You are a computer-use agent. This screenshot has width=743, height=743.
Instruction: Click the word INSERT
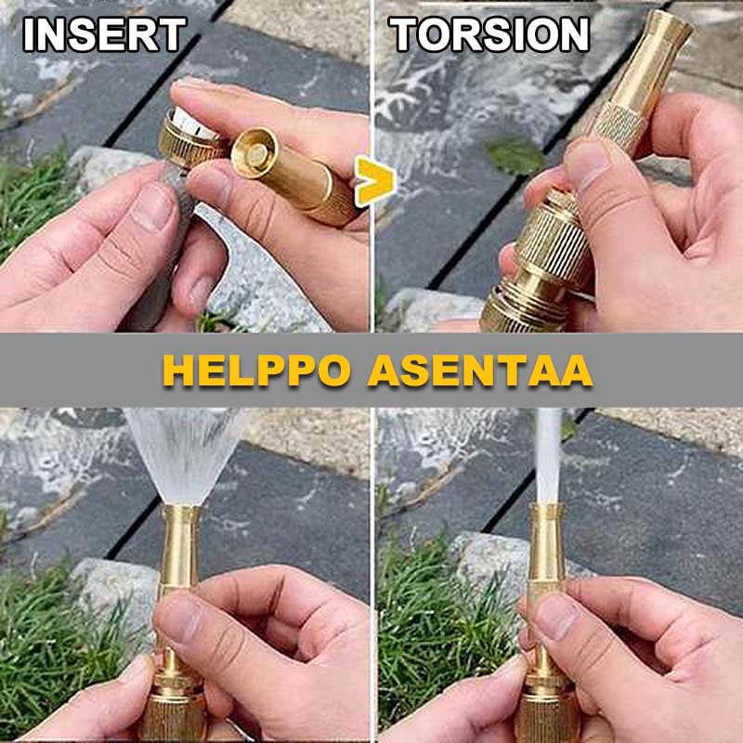pos(105,34)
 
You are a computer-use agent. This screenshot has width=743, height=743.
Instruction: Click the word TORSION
pos(489,34)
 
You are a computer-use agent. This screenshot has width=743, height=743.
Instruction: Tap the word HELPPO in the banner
pos(257,370)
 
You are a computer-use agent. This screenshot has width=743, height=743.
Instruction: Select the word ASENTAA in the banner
pos(480,370)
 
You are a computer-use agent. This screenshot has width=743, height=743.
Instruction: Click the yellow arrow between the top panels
pos(376,181)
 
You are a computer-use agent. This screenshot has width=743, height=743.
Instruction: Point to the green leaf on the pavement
pos(515,155)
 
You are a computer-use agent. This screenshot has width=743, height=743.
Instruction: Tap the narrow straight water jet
pos(548,455)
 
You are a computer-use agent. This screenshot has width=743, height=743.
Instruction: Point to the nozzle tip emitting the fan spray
pos(180,511)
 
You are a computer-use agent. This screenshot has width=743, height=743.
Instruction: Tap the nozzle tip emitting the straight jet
pos(547,510)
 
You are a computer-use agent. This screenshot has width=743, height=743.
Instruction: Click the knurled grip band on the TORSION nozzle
pos(616,124)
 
